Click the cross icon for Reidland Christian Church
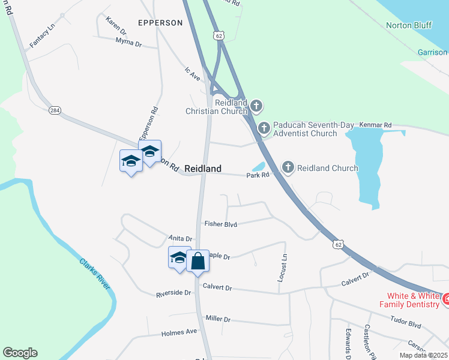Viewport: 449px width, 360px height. (256, 107)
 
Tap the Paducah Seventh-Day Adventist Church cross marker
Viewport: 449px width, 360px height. (264, 128)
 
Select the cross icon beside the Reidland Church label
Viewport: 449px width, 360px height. (288, 167)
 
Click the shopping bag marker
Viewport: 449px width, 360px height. (197, 261)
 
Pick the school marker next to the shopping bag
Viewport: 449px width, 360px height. (179, 258)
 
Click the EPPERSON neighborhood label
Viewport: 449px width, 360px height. (160, 23)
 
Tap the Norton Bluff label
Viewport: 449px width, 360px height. (408, 25)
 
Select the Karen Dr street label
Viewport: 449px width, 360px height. (115, 25)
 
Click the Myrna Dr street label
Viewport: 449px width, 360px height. (128, 43)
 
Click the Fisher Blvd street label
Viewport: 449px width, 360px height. (220, 224)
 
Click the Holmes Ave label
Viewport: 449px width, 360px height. (179, 331)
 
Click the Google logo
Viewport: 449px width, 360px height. (20, 353)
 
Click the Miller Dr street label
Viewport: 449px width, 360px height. (218, 319)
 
